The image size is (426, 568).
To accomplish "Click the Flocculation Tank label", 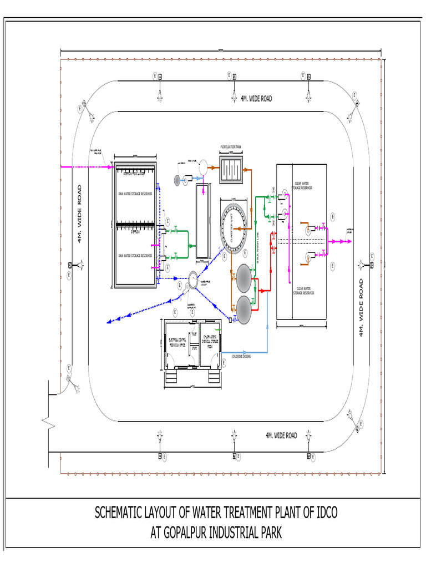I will [x=231, y=148].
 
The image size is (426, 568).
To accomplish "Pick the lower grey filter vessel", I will [x=244, y=307].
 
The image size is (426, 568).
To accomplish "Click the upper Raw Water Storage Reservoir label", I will [x=135, y=194].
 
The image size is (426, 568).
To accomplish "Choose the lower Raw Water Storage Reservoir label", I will [x=135, y=256].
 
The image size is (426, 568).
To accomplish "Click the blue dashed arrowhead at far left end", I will [x=109, y=321].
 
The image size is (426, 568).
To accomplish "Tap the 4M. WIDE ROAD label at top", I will [x=256, y=98].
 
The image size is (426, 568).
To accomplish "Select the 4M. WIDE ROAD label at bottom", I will [x=281, y=435].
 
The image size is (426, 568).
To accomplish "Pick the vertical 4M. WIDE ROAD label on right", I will [x=361, y=308].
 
